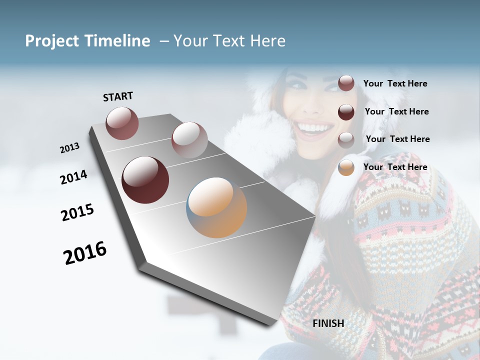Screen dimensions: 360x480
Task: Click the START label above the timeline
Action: click(x=118, y=96)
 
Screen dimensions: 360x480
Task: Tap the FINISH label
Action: click(x=328, y=323)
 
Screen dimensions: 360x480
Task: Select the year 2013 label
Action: click(x=69, y=148)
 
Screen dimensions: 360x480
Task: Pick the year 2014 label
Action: click(x=73, y=177)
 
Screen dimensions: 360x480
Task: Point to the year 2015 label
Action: click(x=77, y=212)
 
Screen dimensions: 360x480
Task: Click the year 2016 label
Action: click(x=85, y=253)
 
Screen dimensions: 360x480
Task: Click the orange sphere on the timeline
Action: click(x=216, y=207)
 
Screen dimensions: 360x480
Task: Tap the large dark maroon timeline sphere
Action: click(x=145, y=180)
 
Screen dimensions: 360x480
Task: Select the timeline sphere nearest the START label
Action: click(x=122, y=123)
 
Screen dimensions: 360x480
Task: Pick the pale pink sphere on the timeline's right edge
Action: click(x=189, y=139)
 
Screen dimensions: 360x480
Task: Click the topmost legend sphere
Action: click(x=346, y=83)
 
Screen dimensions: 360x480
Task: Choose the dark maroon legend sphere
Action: click(x=346, y=112)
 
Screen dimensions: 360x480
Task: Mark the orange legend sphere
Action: click(x=346, y=167)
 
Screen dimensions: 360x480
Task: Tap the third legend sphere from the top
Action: click(x=346, y=139)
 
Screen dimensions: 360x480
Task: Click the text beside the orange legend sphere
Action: click(x=395, y=167)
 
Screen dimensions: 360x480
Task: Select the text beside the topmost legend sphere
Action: click(x=395, y=83)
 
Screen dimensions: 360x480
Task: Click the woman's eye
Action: click(x=298, y=85)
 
